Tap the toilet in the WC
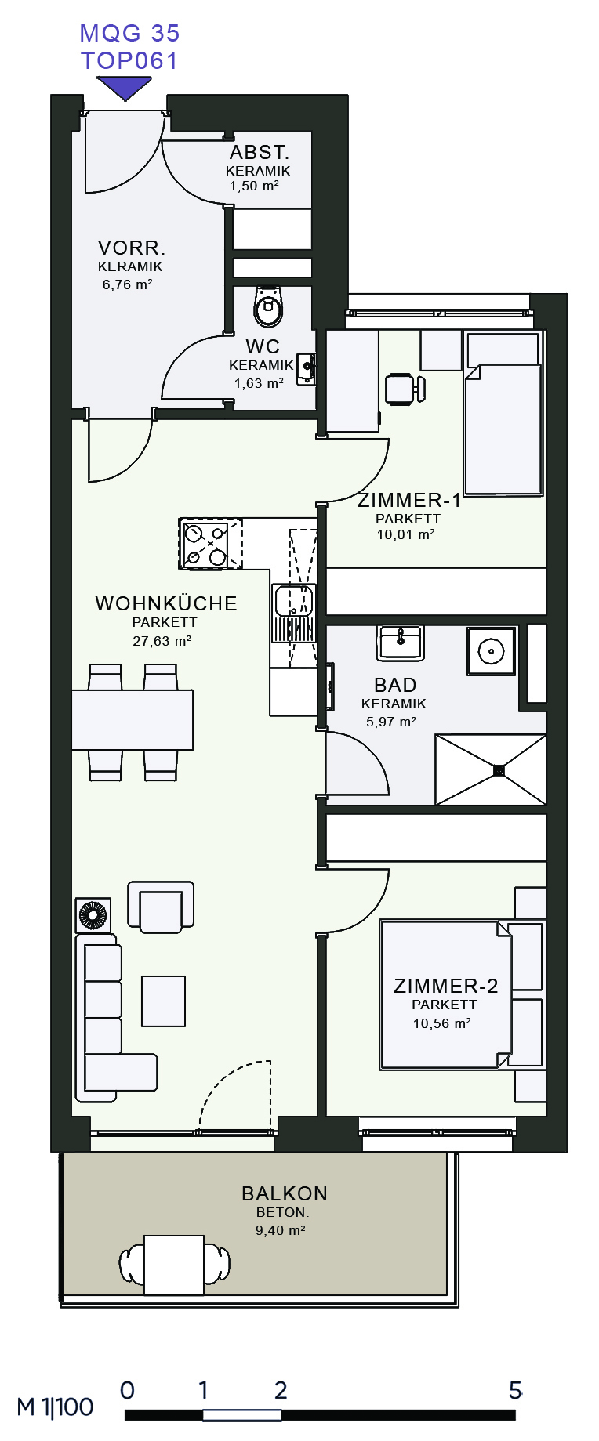(268, 306)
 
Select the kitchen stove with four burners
(205, 544)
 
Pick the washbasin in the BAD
(401, 643)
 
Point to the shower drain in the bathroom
(499, 770)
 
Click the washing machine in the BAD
(492, 650)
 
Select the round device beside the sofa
(93, 914)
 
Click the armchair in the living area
(161, 907)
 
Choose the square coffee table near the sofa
(163, 1001)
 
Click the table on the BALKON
(174, 1265)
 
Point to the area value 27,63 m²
(162, 641)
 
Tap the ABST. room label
(260, 152)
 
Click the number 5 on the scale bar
(515, 1390)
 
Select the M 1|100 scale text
(55, 1407)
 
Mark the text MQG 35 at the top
(130, 33)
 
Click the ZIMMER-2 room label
(446, 986)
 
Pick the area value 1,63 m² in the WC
(259, 383)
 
